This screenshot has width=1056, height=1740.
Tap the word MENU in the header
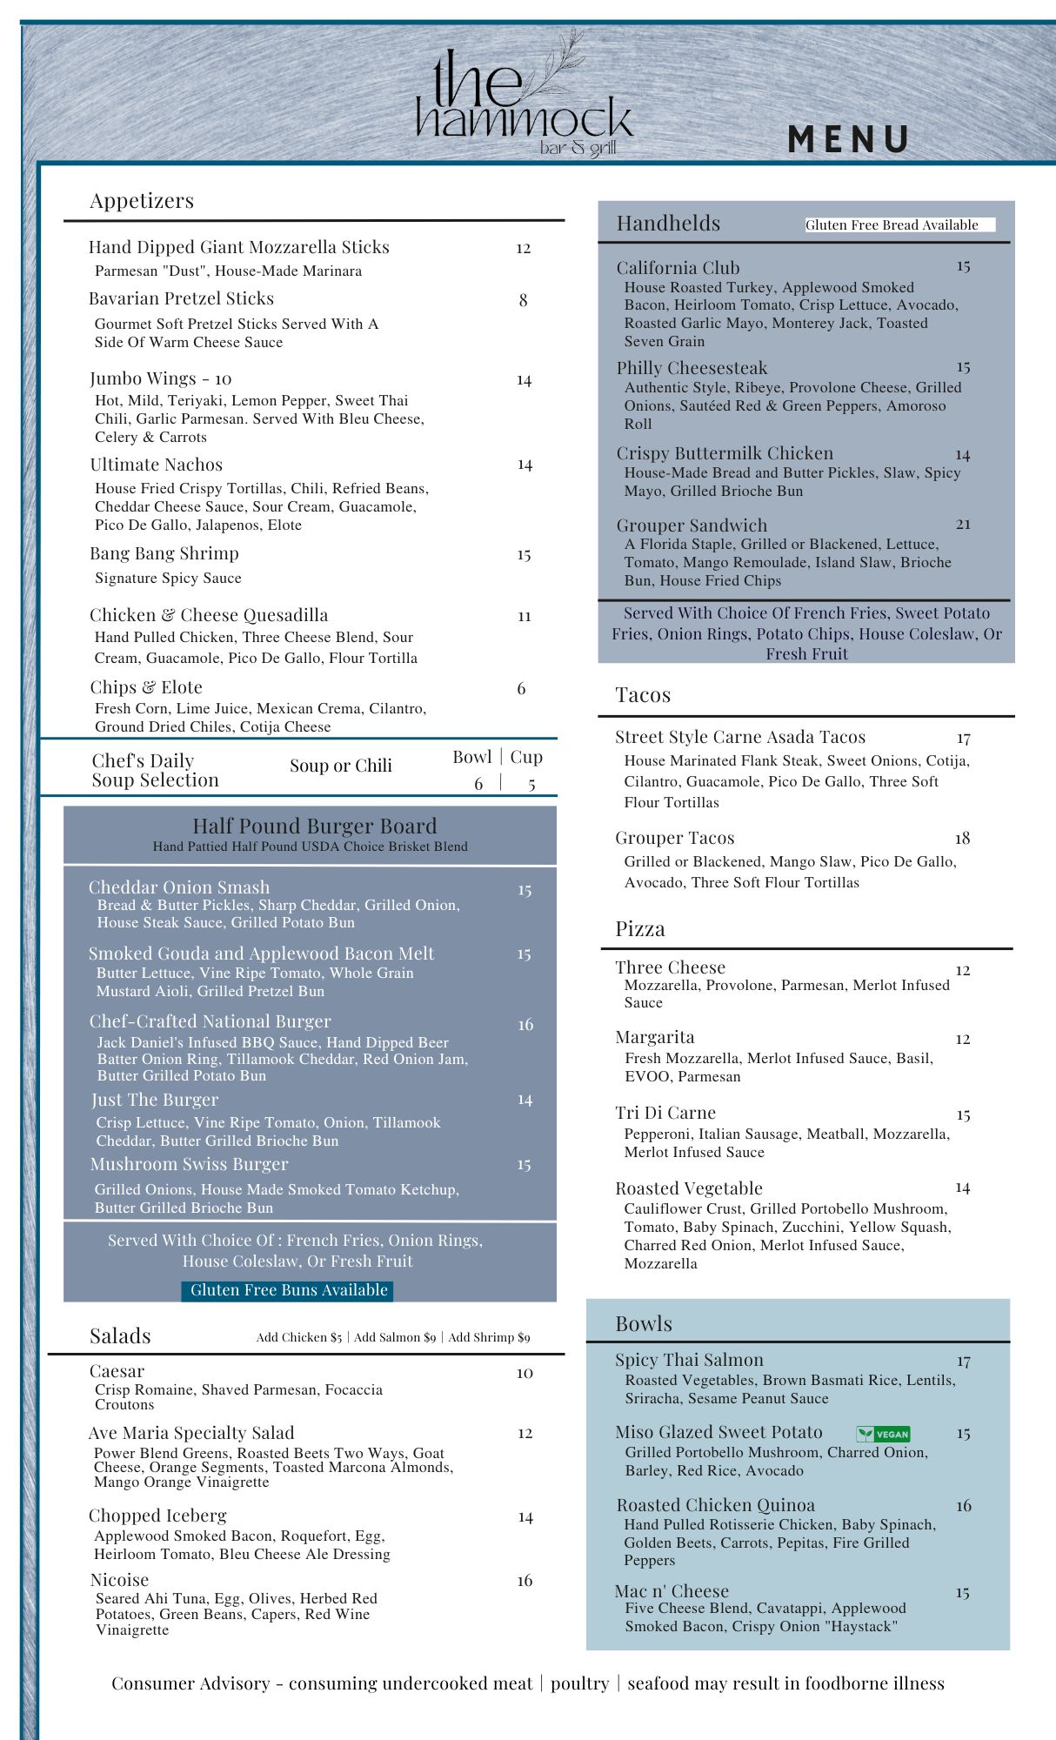(848, 140)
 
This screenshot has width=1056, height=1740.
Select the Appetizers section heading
(142, 201)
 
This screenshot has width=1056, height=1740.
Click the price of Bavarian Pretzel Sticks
(523, 300)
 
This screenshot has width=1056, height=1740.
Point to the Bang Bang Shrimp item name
(164, 553)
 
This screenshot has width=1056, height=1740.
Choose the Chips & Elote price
(521, 688)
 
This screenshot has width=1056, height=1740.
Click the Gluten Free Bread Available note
(892, 224)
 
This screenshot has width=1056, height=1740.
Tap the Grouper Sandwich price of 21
(963, 524)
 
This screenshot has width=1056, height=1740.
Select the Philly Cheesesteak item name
(692, 368)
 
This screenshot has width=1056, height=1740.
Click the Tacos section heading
(643, 695)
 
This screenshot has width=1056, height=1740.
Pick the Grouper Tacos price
(962, 838)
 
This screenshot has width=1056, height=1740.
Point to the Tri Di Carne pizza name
(665, 1113)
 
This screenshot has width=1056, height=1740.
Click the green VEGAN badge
(883, 1434)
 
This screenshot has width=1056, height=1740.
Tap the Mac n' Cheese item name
(672, 1591)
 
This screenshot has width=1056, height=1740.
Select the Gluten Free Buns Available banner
(288, 1290)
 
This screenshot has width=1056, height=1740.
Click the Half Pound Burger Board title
(314, 826)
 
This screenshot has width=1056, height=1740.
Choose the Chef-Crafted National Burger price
(525, 1025)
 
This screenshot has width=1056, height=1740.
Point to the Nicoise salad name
(119, 1580)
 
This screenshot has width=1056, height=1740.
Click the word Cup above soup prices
(526, 757)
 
